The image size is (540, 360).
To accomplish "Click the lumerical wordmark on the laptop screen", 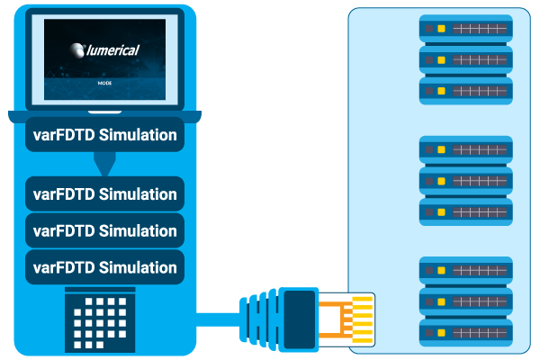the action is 113,50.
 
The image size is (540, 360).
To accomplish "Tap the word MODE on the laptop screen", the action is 104,83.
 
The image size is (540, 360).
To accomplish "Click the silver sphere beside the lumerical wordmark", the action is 77,50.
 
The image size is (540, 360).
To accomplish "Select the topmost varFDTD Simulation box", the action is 104,134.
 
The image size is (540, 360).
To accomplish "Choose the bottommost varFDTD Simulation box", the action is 104,267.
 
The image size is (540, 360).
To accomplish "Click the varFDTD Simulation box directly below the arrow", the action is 104,194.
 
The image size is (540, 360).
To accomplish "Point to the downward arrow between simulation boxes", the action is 104,164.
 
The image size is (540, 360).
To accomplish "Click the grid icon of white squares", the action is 100,320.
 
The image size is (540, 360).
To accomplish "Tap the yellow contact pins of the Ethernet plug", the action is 363,320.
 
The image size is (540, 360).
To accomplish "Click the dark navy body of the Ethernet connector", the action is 300,319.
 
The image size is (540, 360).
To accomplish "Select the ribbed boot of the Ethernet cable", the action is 258,319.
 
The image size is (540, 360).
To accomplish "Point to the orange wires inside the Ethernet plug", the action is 336,319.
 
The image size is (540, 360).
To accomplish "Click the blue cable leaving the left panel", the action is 218,319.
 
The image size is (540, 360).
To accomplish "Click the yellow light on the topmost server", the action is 441,29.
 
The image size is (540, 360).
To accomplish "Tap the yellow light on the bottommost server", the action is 441,333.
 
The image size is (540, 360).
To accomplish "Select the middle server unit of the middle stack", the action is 465,181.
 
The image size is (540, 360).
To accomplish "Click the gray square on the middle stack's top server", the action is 429,149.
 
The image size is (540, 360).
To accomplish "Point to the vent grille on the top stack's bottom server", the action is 480,91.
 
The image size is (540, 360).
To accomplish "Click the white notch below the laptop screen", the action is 104,112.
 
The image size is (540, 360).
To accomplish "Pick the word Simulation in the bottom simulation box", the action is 138,267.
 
